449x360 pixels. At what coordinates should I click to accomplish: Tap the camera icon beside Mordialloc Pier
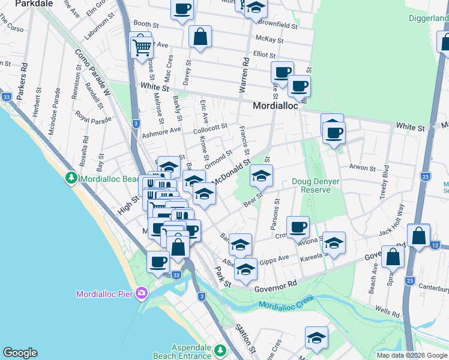click(142, 293)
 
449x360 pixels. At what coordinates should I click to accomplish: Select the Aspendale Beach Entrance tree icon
click(220, 350)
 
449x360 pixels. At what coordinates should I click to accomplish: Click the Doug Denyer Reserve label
click(311, 185)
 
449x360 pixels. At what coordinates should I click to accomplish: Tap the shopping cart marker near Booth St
click(141, 45)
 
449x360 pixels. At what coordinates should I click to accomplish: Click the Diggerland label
click(429, 19)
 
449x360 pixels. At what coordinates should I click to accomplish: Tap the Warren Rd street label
click(244, 75)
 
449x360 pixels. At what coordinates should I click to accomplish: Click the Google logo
click(20, 353)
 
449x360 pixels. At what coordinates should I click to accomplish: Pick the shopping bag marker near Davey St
click(200, 37)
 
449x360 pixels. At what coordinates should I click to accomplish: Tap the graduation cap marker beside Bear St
click(261, 176)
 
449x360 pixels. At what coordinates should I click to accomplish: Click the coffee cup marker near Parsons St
click(298, 227)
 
